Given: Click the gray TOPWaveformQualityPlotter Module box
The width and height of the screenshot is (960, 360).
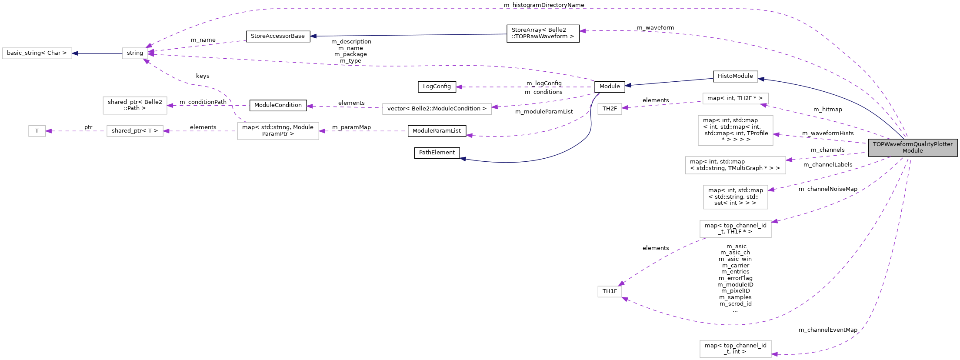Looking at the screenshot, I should click(x=913, y=148).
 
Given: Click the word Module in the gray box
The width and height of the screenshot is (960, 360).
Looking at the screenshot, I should click(x=913, y=151).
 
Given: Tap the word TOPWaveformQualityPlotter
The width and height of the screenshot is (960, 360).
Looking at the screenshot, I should click(x=913, y=144).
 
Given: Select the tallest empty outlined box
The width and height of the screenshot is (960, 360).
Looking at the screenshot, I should click(x=735, y=130).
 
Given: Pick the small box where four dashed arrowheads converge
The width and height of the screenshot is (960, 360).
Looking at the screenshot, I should click(x=135, y=53).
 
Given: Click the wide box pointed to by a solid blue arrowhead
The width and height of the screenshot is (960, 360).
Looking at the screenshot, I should click(x=37, y=53).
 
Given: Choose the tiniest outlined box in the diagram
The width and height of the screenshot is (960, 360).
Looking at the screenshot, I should click(x=37, y=131).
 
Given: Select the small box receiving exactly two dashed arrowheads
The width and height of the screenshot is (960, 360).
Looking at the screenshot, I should click(x=610, y=291).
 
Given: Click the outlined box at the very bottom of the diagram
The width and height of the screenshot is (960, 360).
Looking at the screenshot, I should click(x=735, y=349).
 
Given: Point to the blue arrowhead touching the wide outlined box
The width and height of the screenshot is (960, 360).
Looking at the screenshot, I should click(x=75, y=53).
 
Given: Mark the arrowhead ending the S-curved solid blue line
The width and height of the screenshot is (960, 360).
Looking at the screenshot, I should click(x=463, y=159).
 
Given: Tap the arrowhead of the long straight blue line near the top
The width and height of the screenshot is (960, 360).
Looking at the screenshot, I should click(x=313, y=36).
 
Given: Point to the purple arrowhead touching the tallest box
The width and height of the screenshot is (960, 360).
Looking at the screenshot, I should click(x=776, y=134).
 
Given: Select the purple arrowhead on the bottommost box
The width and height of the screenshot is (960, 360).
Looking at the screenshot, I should click(x=774, y=354).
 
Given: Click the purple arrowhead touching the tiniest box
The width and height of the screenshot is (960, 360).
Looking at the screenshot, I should click(x=49, y=131).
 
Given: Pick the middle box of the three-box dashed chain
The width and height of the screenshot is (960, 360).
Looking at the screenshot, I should click(x=135, y=131).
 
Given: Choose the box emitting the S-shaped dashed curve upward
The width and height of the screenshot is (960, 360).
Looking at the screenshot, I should click(x=278, y=131).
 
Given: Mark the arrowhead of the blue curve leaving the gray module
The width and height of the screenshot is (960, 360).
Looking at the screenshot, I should click(x=761, y=79).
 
